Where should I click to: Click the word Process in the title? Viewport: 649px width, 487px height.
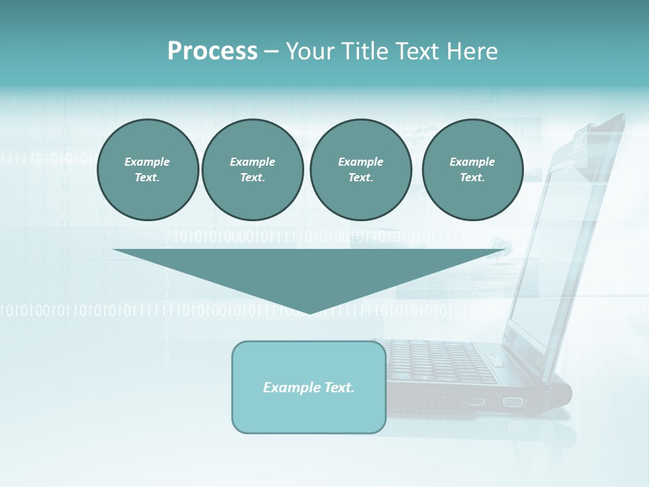(x=212, y=51)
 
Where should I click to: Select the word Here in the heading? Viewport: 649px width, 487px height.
(x=472, y=51)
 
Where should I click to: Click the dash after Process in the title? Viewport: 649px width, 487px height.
(x=272, y=52)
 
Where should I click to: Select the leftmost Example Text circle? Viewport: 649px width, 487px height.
(x=147, y=169)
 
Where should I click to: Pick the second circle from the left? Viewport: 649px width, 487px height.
(x=252, y=169)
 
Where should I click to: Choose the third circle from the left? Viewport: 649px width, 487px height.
(x=360, y=169)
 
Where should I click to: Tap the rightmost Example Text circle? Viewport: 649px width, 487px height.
(x=472, y=169)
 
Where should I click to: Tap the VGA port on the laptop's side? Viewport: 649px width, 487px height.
(x=512, y=402)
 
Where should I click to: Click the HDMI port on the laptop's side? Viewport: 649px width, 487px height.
(x=475, y=401)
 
